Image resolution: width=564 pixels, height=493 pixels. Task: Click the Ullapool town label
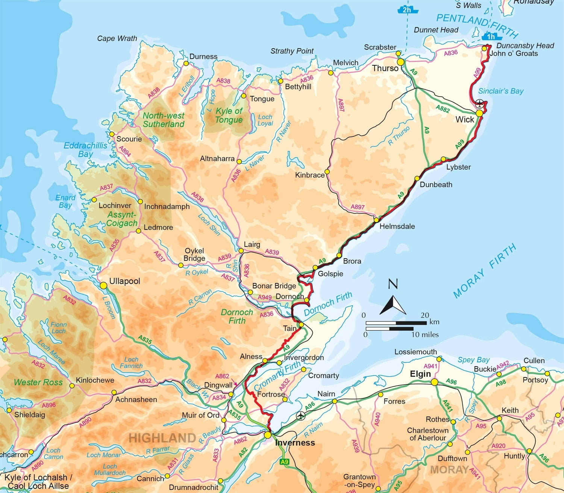(124, 281)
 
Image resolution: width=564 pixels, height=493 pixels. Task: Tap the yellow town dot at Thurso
(401, 62)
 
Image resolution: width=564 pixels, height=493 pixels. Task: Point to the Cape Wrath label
(117, 38)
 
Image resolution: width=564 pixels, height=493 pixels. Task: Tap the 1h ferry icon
(491, 36)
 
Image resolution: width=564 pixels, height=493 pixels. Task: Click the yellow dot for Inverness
(267, 435)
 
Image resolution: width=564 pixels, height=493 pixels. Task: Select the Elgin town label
(420, 374)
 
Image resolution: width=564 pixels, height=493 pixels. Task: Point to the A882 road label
(443, 109)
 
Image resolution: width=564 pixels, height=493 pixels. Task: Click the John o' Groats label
(514, 53)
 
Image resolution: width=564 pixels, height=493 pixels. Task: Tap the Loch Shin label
(209, 225)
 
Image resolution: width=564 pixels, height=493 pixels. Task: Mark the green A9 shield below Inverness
(285, 462)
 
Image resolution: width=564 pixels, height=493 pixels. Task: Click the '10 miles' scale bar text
(425, 335)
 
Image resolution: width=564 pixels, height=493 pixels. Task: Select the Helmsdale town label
(397, 226)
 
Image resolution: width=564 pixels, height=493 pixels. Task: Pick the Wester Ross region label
(38, 382)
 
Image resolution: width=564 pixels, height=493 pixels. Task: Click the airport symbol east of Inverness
(300, 415)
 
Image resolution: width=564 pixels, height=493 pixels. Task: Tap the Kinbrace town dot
(327, 172)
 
